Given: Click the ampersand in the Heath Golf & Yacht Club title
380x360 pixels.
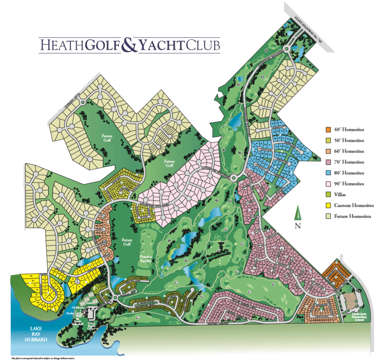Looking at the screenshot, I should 129,45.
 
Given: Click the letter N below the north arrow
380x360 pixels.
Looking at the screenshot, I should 298,225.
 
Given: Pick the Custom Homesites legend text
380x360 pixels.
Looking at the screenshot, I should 354,205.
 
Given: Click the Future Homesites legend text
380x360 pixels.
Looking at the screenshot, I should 353,216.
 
